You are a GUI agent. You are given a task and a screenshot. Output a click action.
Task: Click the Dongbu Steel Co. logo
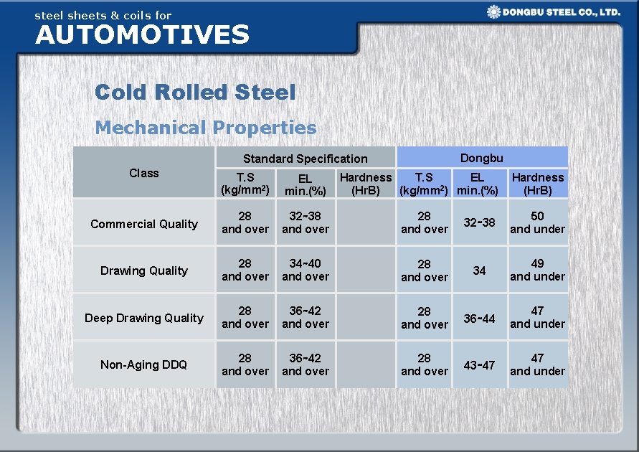click(x=553, y=12)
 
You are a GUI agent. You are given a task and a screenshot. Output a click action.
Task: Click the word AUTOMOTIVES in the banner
click(x=142, y=34)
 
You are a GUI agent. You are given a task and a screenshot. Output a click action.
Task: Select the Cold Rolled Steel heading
click(x=194, y=92)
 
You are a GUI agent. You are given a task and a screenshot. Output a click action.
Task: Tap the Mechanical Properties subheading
click(x=205, y=128)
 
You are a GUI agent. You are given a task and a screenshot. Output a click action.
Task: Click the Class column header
click(x=143, y=173)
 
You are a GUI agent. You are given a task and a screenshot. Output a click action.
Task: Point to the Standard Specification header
click(x=305, y=159)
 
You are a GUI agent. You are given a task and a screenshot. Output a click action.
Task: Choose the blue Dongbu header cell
click(x=481, y=157)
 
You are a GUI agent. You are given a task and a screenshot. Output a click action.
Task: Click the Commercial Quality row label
click(x=143, y=224)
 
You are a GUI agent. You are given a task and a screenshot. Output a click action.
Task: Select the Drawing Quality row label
click(x=143, y=270)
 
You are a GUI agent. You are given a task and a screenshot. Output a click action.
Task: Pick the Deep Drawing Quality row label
click(x=143, y=318)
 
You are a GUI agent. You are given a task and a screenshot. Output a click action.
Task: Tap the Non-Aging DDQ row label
click(x=143, y=364)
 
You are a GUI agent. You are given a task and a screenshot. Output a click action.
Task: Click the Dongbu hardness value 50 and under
click(x=537, y=222)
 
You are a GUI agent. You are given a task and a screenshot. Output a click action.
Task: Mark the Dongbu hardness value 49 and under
click(x=537, y=270)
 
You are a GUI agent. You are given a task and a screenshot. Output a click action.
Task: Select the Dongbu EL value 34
click(x=479, y=270)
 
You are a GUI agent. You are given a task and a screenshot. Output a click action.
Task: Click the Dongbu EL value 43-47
click(x=479, y=365)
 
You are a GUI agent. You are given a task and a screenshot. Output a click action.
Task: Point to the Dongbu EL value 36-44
click(x=479, y=318)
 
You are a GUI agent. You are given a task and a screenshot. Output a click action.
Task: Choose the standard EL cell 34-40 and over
click(x=306, y=270)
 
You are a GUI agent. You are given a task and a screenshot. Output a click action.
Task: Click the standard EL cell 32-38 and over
click(x=306, y=222)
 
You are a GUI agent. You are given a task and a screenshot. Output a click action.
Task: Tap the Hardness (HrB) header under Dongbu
click(x=537, y=184)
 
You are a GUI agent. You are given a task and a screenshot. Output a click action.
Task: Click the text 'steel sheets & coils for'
click(x=103, y=14)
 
